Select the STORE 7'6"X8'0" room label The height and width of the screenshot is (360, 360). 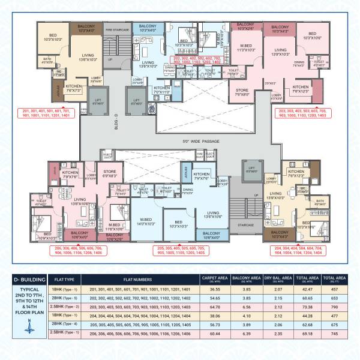tap(242, 92)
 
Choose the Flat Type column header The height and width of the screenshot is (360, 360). tap(64, 279)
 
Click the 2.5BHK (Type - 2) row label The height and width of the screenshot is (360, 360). tap(64, 305)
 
